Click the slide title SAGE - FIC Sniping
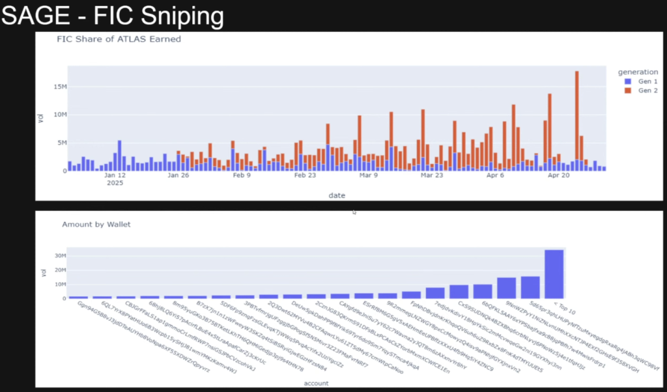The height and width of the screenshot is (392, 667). point(112,16)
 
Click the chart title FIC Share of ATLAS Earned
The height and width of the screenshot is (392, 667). point(119,39)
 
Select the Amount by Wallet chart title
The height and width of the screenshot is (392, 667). point(96,225)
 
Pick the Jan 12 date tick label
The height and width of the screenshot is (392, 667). point(115,175)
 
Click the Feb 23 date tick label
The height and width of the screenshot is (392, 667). point(305,175)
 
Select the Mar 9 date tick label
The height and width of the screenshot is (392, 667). point(369,175)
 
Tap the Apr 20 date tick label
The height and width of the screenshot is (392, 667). point(559,175)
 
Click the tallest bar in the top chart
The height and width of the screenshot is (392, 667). point(577,117)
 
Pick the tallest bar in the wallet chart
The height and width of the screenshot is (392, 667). point(554,274)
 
